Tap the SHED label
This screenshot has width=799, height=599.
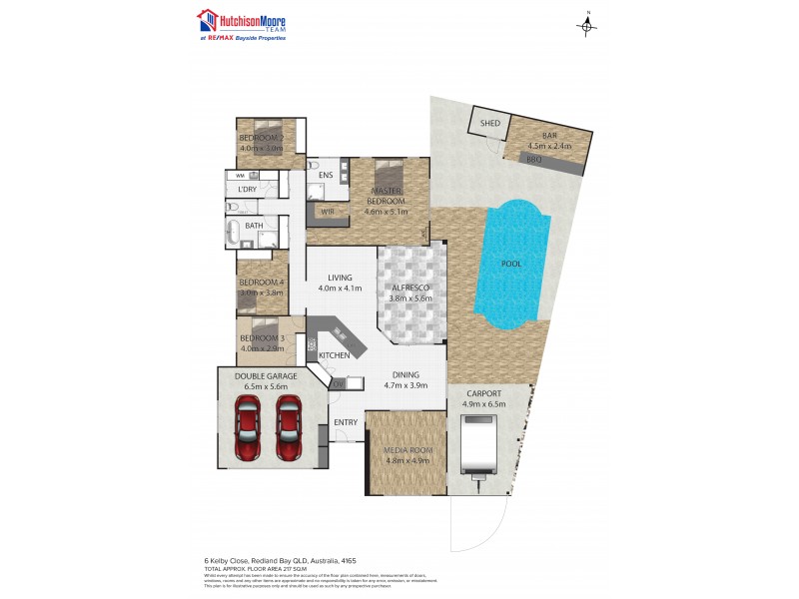click(489, 123)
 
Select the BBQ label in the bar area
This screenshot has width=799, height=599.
click(533, 159)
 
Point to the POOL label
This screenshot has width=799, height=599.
click(513, 265)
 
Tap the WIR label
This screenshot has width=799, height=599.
click(327, 211)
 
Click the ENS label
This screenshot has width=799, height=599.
click(325, 176)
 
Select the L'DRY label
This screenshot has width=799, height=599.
click(247, 189)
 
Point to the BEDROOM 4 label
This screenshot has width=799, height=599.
click(262, 282)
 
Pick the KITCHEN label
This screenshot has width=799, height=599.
click(334, 355)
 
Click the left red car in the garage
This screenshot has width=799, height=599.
click(247, 428)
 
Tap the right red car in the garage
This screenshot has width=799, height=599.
click(289, 428)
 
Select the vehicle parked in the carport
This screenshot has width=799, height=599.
click(478, 444)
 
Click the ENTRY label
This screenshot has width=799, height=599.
click(346, 422)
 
